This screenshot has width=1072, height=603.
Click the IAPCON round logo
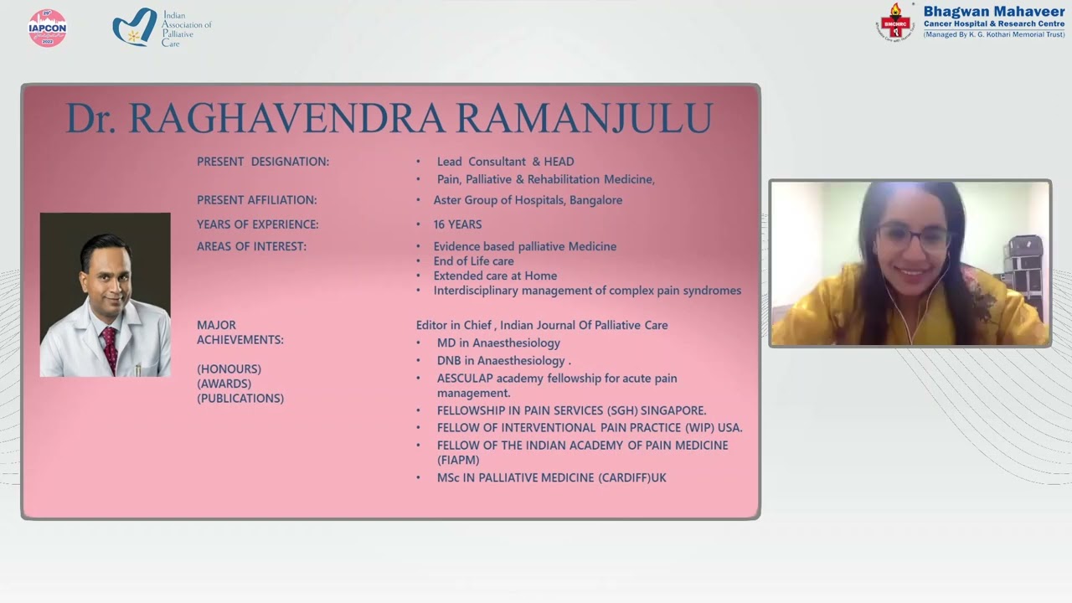pos(48,28)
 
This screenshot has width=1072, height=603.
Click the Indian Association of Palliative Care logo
pos(136,28)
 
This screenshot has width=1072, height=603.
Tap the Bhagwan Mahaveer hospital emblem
pos(894,22)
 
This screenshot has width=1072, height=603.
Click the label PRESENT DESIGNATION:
pos(262,162)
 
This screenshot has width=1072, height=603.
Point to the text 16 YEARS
pos(457,224)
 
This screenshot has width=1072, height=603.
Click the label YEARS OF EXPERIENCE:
pos(257,224)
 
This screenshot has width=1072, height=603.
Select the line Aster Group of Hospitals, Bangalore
pos(528,200)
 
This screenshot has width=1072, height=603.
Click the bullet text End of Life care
pos(473,261)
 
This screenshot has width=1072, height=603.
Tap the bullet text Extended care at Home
pos(495,276)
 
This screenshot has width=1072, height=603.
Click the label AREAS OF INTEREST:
pos(251,246)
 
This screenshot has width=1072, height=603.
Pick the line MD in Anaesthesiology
pos(498,343)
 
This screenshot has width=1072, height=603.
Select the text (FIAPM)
pos(458,460)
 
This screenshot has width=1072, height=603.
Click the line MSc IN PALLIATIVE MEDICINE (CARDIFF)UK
pos(551,477)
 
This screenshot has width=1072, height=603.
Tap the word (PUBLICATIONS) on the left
pos(240,399)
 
